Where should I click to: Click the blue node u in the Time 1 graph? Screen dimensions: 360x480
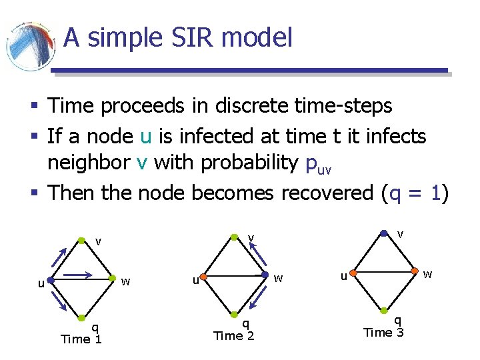(x=50, y=281)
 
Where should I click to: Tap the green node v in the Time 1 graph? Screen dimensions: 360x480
(x=81, y=239)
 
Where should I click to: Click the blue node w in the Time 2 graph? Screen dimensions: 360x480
(x=266, y=274)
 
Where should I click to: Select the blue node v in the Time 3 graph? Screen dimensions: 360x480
(x=383, y=233)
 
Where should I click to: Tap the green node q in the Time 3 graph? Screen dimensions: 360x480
(x=385, y=311)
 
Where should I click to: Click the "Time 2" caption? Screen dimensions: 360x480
(x=233, y=336)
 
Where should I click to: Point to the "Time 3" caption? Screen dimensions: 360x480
(x=383, y=332)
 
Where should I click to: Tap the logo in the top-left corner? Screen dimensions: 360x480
(x=30, y=47)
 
